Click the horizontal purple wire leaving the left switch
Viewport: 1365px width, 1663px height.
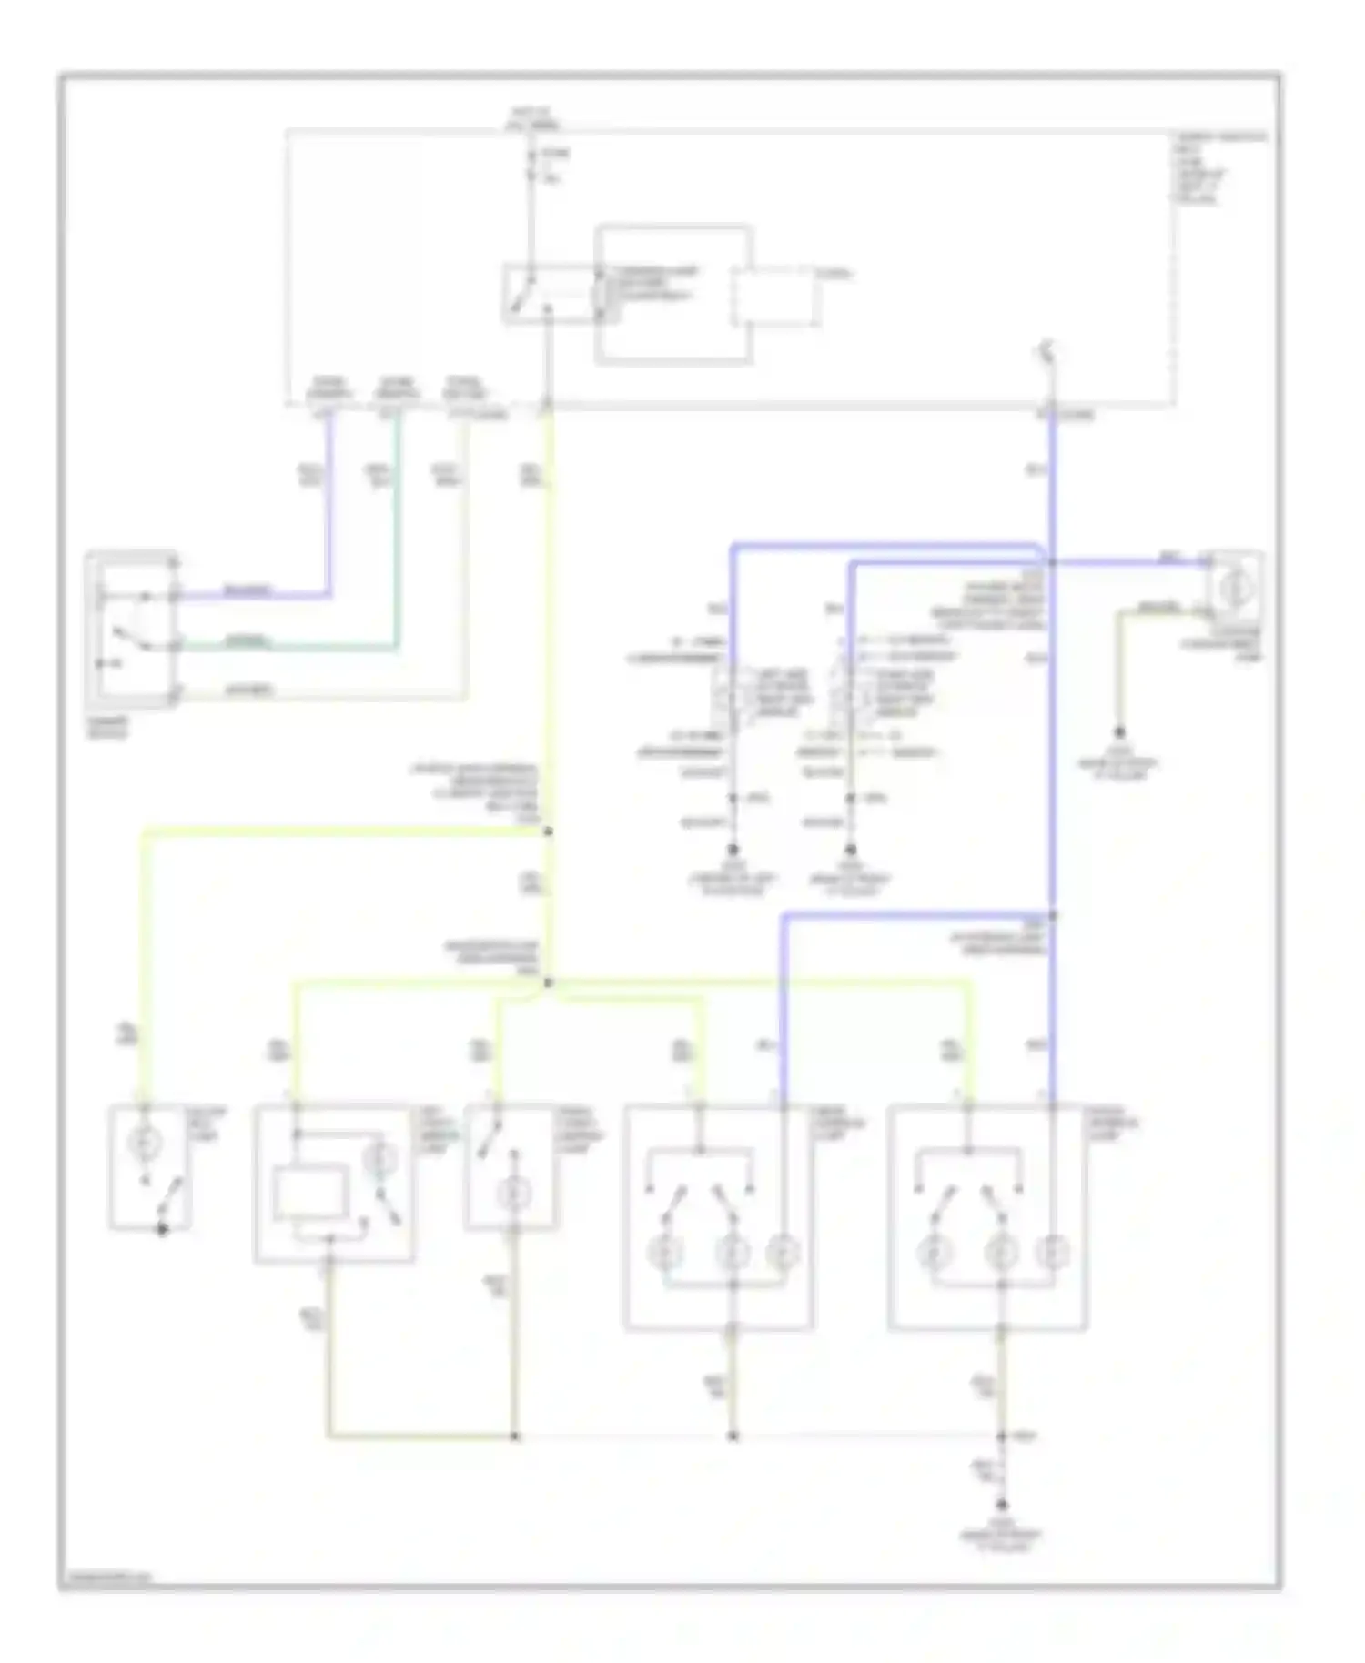pyautogui.click(x=255, y=598)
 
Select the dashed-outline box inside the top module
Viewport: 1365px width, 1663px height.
pyautogui.click(x=773, y=297)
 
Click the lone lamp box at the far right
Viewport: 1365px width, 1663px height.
pyautogui.click(x=1235, y=590)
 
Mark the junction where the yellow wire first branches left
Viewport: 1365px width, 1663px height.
pyautogui.click(x=549, y=831)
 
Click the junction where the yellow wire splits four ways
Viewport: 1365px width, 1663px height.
pyautogui.click(x=549, y=983)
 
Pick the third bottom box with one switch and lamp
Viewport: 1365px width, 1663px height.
pyautogui.click(x=511, y=1167)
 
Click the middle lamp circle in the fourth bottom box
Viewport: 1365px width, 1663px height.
pyautogui.click(x=733, y=1254)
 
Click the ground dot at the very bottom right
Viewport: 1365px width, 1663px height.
pyautogui.click(x=1002, y=1506)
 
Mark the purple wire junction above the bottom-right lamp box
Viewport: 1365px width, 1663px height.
pyautogui.click(x=1052, y=914)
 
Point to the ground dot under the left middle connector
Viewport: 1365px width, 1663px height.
pyautogui.click(x=733, y=849)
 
